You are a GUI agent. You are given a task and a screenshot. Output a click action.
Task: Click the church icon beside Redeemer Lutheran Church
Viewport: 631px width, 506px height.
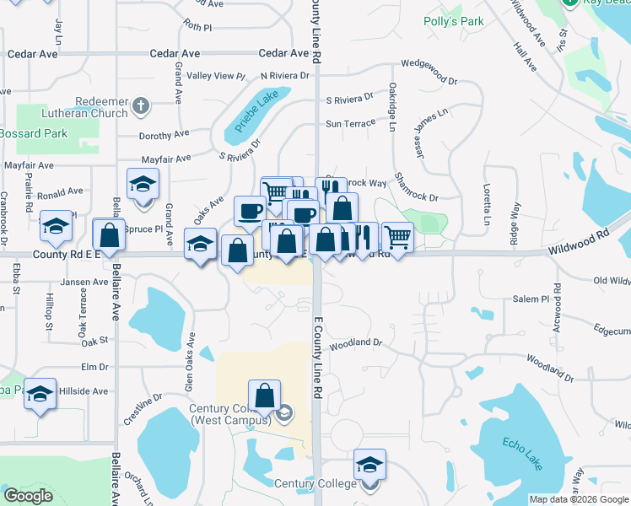point(140,107)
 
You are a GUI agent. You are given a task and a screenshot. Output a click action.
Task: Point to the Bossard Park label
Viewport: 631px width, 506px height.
point(32,133)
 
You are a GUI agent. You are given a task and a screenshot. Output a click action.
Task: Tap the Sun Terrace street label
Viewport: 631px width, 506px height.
point(350,123)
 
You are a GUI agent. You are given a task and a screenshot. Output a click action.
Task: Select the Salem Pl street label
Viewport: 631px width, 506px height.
point(531,299)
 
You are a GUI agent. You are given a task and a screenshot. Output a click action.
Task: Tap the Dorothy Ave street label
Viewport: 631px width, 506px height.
point(164,135)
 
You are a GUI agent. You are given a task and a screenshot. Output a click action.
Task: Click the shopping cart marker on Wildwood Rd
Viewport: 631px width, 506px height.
point(397,236)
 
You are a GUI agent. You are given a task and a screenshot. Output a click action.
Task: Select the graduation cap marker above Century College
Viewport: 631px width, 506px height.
point(369,465)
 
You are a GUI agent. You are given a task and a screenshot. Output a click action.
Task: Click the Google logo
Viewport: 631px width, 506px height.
point(28,496)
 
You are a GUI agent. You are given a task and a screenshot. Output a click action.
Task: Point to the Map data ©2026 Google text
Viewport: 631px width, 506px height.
point(577,499)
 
